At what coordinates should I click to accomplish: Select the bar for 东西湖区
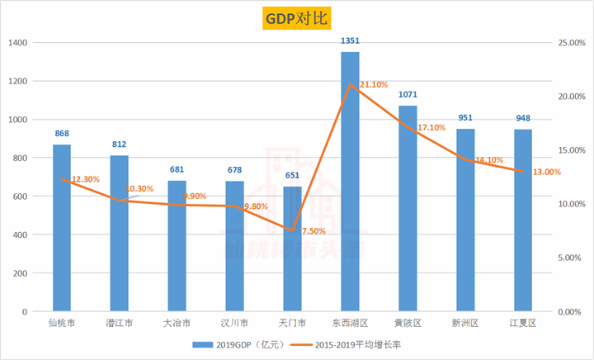coord(350,182)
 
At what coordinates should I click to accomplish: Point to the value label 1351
coord(350,40)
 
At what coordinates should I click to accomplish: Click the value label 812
coord(119,144)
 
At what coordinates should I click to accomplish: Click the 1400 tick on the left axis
coord(18,43)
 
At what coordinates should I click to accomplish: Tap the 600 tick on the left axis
coord(21,197)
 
